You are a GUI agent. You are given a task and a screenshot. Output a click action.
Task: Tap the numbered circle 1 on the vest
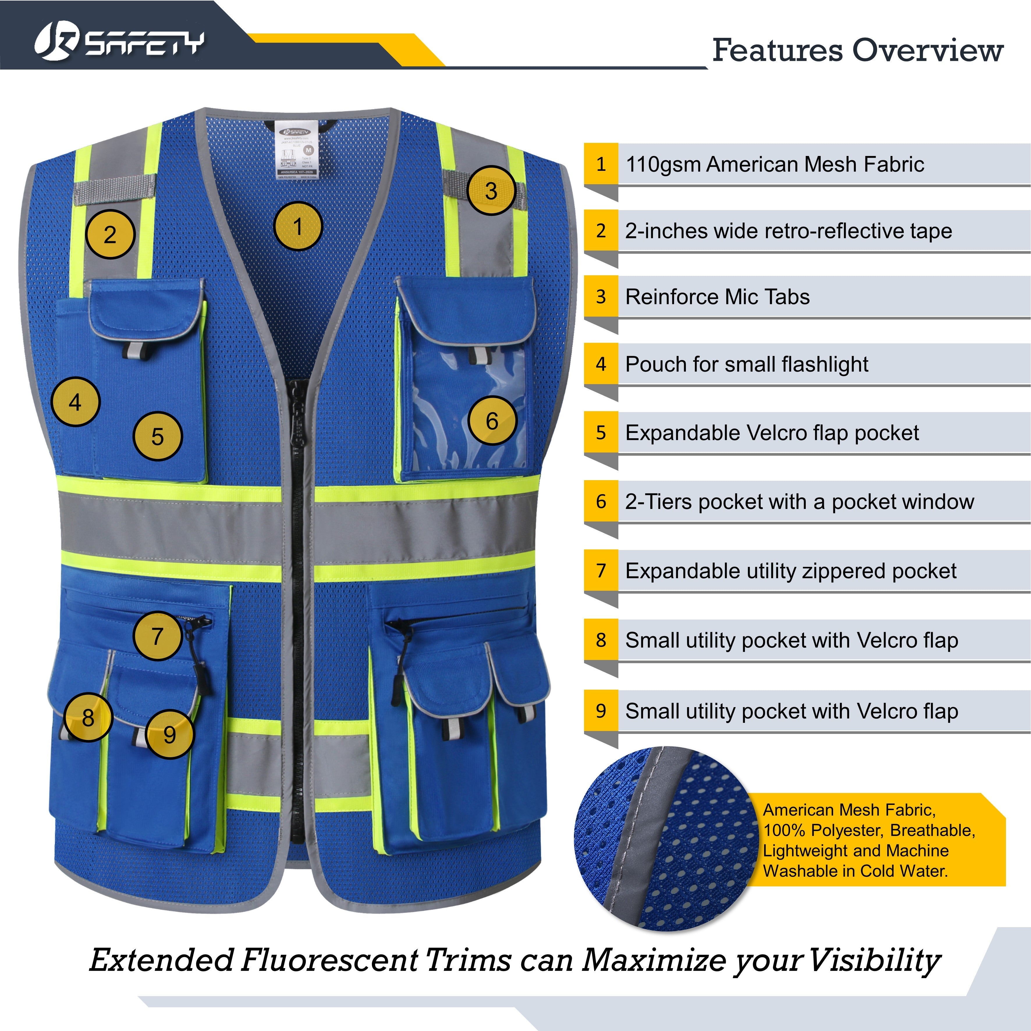pyautogui.click(x=298, y=226)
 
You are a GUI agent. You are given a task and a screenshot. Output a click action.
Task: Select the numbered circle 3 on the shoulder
pyautogui.click(x=491, y=191)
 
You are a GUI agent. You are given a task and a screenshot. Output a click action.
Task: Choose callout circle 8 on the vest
pyautogui.click(x=88, y=717)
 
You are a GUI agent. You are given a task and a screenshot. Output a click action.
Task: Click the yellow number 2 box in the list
pyautogui.click(x=601, y=230)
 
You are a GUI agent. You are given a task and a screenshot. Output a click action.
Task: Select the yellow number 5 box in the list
pyautogui.click(x=601, y=432)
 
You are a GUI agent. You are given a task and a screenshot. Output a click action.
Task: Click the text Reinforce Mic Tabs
pyautogui.click(x=717, y=297)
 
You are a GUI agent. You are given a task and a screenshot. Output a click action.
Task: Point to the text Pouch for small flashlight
pyautogui.click(x=747, y=364)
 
